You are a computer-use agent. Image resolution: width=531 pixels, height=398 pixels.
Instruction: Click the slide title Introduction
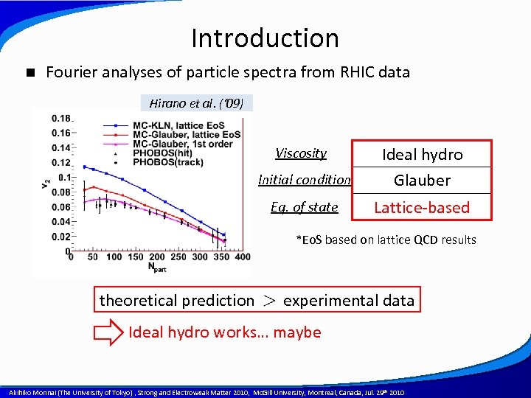265,38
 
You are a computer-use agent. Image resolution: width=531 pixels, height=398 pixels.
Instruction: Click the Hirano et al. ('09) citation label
196,102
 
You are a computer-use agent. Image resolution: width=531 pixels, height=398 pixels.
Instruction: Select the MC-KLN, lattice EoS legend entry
186,125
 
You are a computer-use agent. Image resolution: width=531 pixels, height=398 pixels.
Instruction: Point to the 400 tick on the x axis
243,257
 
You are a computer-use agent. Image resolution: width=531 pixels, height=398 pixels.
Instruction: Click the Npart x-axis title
156,267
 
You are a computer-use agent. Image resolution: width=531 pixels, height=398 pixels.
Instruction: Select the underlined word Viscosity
301,153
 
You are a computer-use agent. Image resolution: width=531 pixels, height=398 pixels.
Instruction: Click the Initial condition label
304,180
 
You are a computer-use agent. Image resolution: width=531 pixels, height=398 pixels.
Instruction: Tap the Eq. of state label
304,207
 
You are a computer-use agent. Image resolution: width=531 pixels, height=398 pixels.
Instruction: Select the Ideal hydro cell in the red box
422,154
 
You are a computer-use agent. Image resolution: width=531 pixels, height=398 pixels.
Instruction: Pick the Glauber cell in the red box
422,181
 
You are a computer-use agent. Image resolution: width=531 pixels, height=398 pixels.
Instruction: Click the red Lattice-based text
422,207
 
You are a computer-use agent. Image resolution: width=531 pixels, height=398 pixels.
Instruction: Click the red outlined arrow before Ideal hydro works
108,332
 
